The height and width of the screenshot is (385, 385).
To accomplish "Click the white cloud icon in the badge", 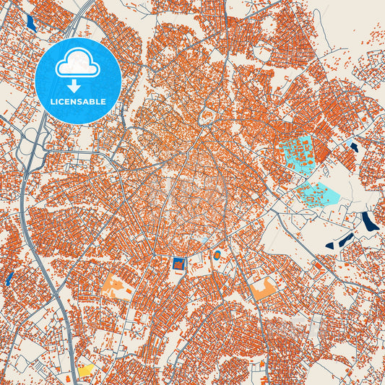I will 78,64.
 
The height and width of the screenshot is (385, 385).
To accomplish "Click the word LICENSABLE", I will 78,101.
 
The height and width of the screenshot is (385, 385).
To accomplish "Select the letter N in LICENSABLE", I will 77,101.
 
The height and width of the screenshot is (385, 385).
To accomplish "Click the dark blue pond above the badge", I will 30,22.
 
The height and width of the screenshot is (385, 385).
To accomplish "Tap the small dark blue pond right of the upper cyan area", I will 353,147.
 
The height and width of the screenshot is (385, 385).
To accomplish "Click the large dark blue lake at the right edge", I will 369,221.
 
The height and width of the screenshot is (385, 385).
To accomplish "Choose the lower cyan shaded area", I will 318,193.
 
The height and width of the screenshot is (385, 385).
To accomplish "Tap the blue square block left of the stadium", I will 178,264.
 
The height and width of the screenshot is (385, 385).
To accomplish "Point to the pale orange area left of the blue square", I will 118,287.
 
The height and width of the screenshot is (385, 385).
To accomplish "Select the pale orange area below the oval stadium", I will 263,288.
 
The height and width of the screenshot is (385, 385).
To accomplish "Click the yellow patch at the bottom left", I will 87,371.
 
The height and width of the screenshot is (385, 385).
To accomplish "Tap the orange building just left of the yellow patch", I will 70,377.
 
